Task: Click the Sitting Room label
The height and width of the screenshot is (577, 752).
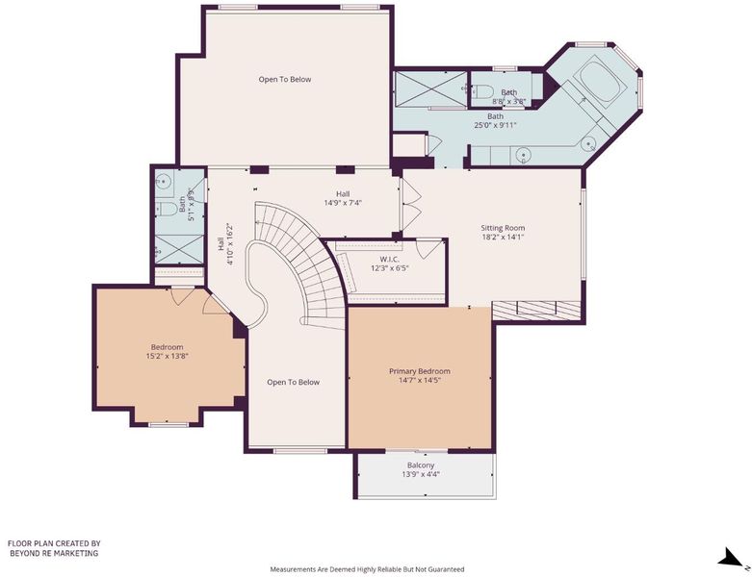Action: coord(503,228)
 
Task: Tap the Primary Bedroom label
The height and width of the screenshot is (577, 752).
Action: coord(419,371)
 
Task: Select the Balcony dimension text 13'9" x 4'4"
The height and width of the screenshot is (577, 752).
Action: coord(421,474)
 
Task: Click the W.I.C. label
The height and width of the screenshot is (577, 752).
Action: coord(389,259)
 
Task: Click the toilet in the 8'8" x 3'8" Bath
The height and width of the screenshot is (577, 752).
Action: coord(482,90)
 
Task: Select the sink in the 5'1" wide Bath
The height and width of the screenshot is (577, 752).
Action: coord(164,182)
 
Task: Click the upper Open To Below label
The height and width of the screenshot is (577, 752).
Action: coord(285,80)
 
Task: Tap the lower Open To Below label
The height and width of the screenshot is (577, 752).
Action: coord(293,382)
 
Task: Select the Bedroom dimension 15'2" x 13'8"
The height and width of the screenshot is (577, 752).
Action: coord(167,356)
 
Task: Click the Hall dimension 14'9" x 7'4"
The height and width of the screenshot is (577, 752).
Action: coord(343,203)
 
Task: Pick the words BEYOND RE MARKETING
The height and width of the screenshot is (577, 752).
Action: coord(54,553)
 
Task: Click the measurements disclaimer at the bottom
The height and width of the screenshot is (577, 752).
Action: coord(367,569)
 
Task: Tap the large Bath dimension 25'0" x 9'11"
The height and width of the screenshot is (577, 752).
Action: coord(496,125)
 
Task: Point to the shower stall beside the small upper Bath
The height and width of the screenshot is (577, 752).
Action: coord(430,89)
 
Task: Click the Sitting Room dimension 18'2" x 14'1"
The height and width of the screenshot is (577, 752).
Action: coord(503,237)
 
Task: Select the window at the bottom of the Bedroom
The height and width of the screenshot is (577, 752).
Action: coord(168,425)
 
